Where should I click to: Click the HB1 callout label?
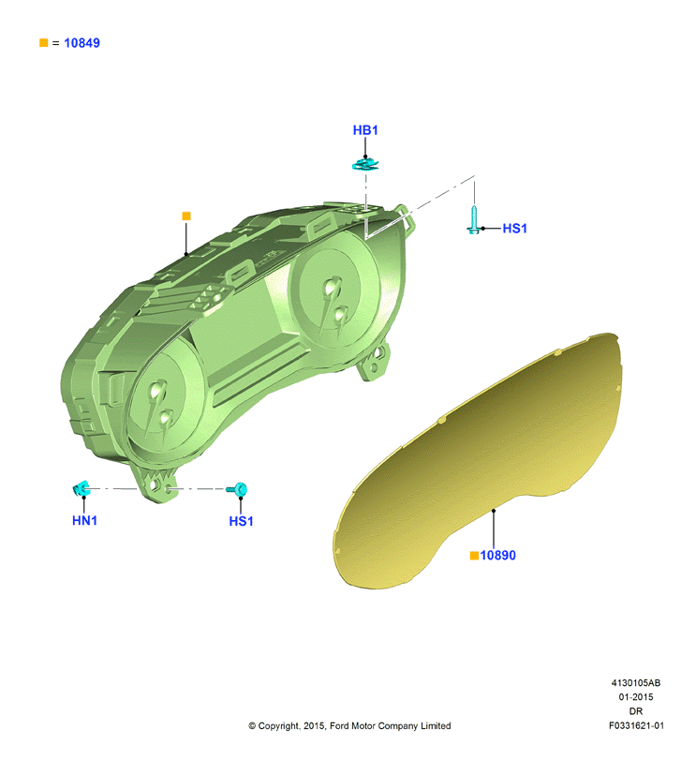pos(365,130)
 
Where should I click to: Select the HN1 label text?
pos(84,520)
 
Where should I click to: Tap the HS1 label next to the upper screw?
pos(514,229)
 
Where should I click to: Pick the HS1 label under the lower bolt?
pos(241,522)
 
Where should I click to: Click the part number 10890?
pos(498,556)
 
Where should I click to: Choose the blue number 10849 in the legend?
pos(81,43)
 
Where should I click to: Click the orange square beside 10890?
pos(475,556)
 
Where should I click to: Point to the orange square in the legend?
pos(44,43)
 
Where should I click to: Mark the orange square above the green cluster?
pos(186,216)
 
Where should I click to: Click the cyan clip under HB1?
pos(365,165)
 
